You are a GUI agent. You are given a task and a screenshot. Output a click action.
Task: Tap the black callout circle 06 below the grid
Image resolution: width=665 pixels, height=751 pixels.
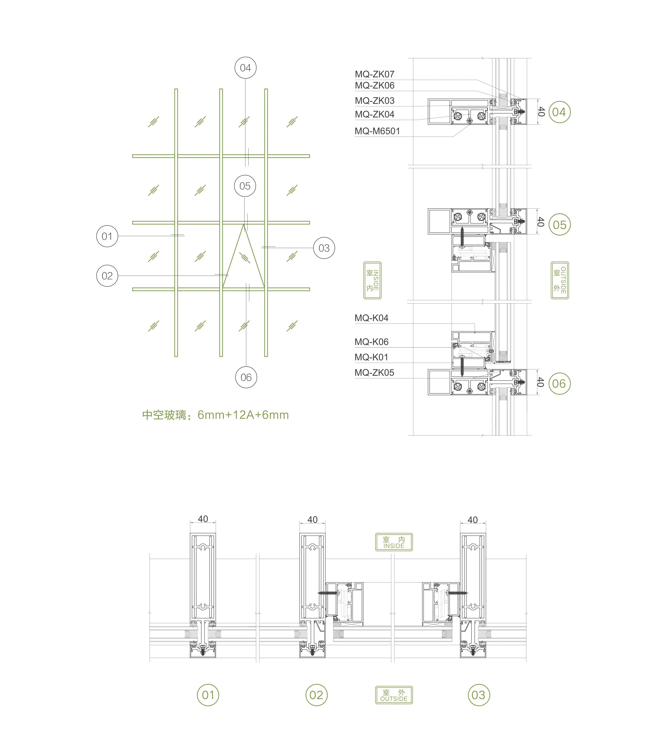[246, 377]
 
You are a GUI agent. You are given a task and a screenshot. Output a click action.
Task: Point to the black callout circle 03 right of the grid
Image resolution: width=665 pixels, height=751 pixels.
[324, 248]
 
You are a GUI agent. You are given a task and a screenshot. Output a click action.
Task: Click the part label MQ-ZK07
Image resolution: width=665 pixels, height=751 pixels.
[374, 74]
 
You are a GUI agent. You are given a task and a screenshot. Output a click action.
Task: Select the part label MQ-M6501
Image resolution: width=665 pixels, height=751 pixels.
[377, 131]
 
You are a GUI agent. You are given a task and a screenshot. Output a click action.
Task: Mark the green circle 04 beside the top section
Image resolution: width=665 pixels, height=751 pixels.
[559, 112]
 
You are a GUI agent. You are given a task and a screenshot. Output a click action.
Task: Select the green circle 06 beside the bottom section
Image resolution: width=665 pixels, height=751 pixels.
[559, 384]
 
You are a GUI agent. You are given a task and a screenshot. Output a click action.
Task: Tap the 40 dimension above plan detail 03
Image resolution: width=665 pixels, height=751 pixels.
[473, 520]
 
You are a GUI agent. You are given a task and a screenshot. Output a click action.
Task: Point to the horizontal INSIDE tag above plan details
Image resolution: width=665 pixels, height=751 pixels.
[394, 542]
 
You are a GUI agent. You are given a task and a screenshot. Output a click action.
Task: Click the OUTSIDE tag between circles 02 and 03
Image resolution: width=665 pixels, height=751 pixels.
[394, 695]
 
